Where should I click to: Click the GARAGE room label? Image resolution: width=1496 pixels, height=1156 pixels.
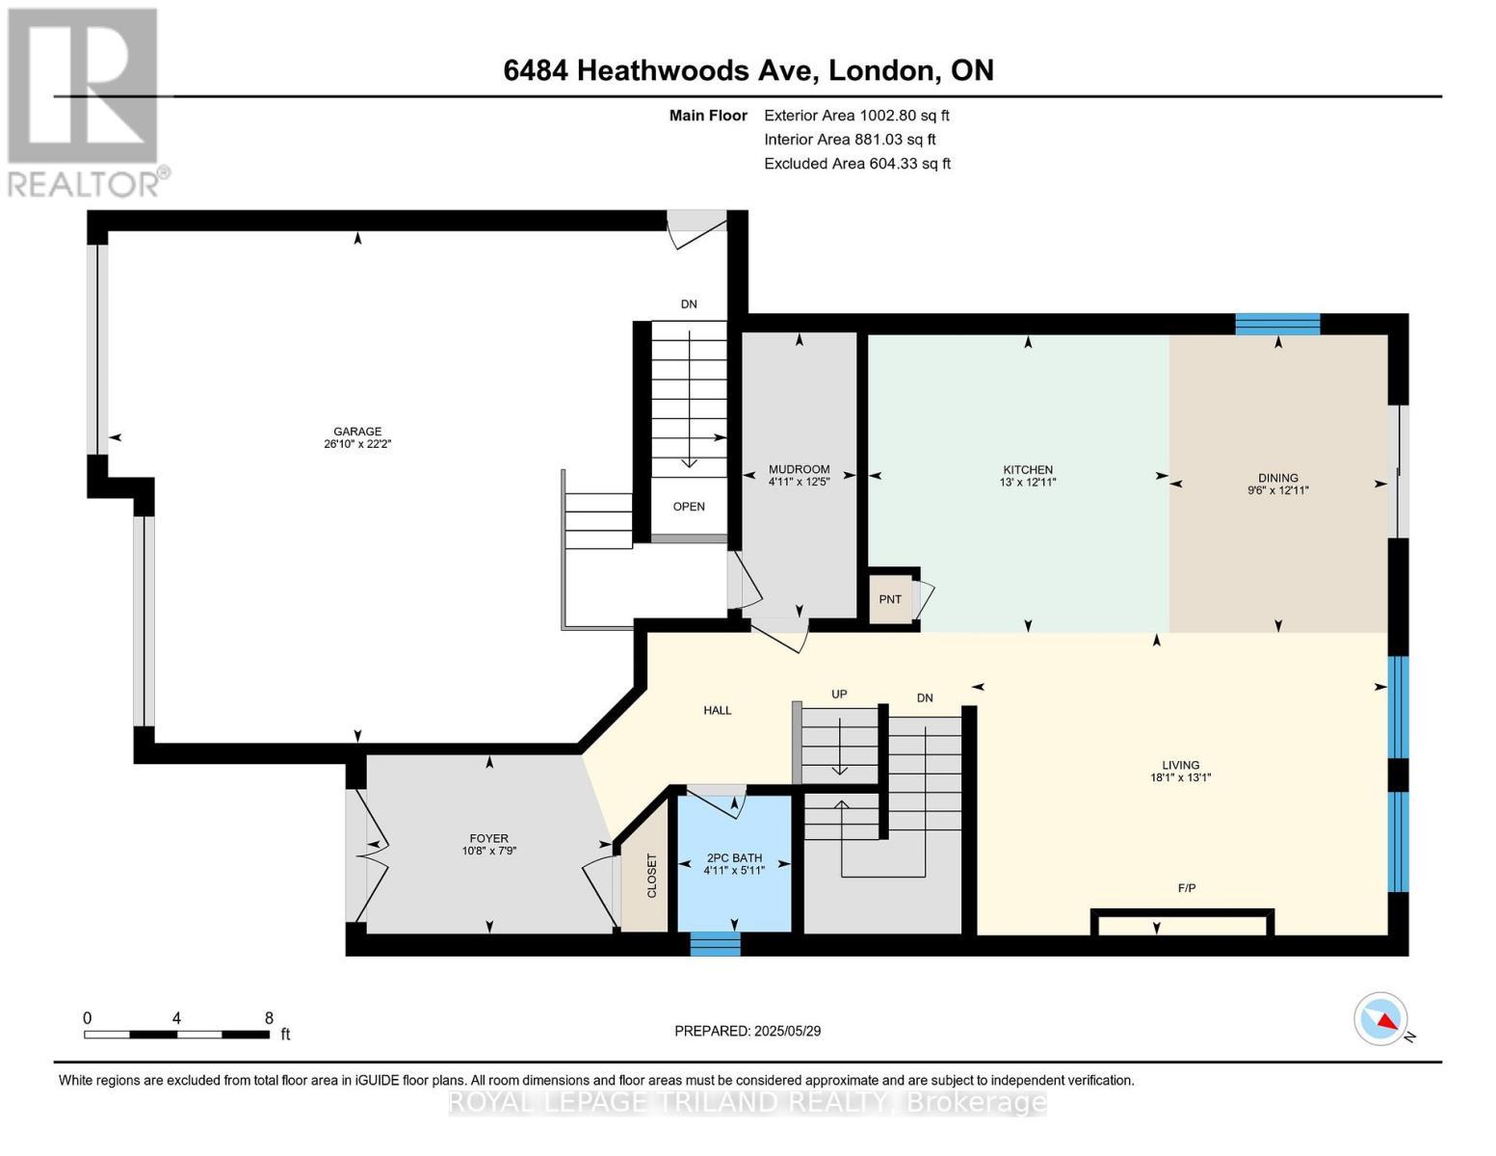357,432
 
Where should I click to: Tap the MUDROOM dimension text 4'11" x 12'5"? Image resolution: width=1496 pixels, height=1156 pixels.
799,482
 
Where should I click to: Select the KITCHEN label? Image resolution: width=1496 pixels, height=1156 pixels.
1027,469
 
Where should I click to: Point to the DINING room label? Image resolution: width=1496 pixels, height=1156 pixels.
1277,478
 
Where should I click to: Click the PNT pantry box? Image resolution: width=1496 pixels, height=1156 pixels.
890,599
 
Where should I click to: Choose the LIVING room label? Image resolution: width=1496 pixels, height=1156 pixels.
1181,765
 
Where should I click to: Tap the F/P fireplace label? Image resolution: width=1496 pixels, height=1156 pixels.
1186,888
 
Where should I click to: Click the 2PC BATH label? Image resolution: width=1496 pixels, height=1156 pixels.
734,858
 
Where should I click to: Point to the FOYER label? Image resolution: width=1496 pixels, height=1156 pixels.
488,839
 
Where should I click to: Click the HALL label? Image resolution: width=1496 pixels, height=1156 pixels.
718,711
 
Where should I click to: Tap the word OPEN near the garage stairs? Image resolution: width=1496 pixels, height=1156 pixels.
689,507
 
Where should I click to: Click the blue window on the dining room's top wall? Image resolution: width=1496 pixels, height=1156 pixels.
1277,325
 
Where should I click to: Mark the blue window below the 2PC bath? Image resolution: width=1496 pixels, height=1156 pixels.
716,943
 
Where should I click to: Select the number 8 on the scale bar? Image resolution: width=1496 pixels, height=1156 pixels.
269,1017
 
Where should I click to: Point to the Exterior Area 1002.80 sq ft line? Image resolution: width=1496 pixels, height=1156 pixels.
856,116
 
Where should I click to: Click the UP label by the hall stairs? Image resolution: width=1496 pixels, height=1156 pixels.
838,694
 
